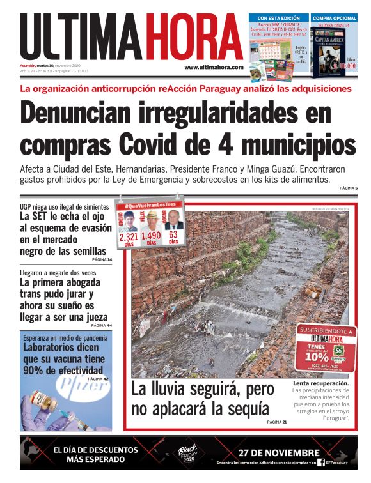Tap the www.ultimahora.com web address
tap(214, 67)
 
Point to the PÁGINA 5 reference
tap(348, 188)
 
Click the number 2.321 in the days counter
tap(129, 237)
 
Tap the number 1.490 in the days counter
tap(151, 237)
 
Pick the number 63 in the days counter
tap(173, 235)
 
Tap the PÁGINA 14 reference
tap(102, 260)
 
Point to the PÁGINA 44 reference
tap(102, 325)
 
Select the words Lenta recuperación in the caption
tap(321, 383)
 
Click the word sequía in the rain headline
tap(250, 409)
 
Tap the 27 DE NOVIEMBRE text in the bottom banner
tap(278, 452)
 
